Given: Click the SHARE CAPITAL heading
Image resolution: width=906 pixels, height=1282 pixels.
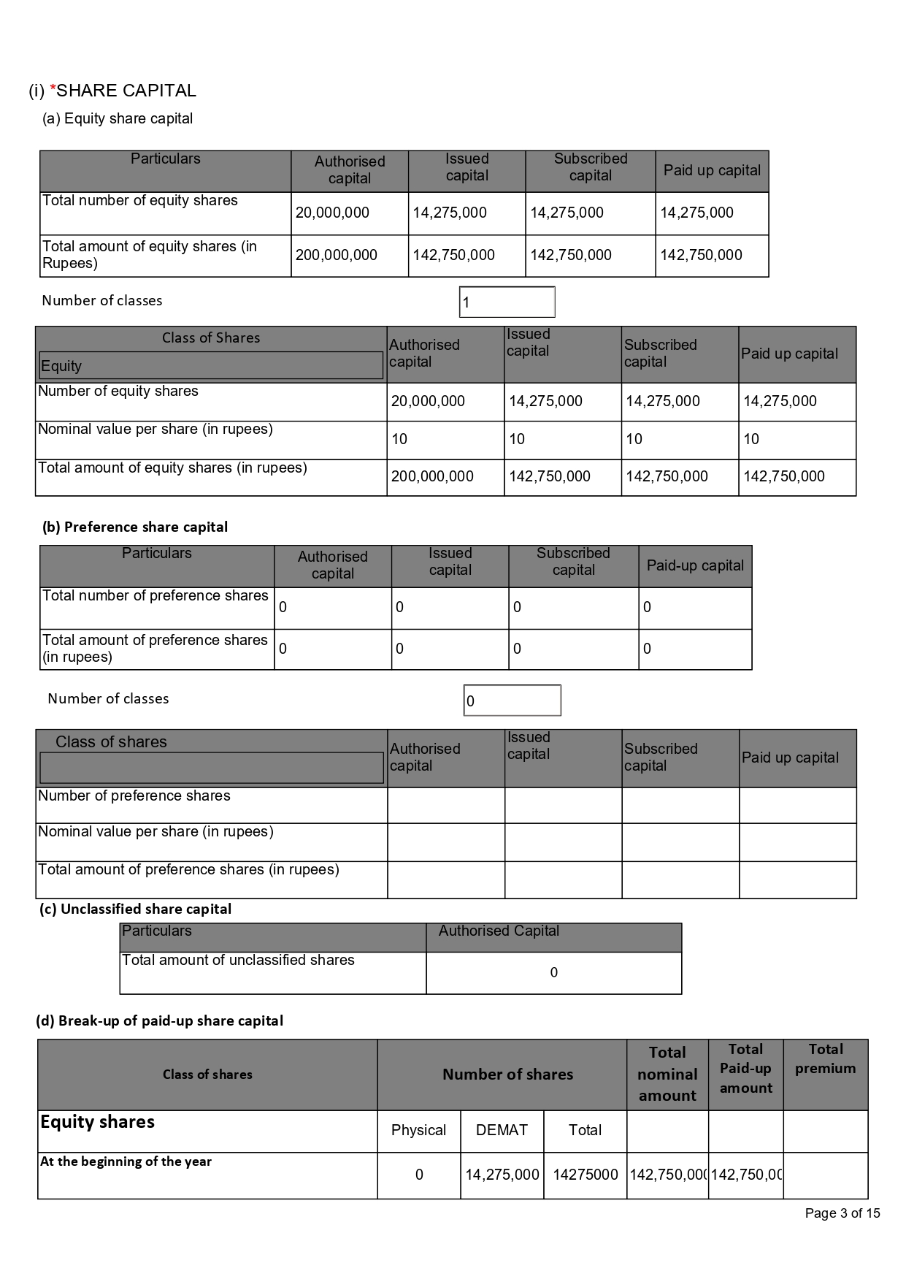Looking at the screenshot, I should click(126, 91).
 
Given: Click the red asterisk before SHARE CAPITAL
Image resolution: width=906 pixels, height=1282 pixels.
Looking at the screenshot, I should click(53, 91).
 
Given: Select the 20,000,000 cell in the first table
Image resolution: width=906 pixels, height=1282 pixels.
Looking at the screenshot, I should click(332, 213).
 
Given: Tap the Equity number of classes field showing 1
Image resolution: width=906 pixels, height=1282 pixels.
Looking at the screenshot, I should click(507, 302).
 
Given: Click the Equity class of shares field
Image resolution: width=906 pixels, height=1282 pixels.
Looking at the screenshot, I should click(210, 366).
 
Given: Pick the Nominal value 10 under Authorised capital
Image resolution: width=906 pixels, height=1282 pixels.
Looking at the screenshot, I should click(399, 439).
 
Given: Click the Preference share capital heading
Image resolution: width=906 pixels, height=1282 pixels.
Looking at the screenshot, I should click(135, 527).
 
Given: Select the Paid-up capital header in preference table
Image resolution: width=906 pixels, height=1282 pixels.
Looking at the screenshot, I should click(695, 565).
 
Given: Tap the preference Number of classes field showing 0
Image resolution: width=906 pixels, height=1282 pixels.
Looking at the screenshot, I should click(512, 701).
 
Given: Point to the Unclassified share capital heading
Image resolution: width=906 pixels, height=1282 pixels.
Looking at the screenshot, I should click(135, 909).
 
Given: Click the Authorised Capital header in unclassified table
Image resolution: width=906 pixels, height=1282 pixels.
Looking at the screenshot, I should click(499, 931).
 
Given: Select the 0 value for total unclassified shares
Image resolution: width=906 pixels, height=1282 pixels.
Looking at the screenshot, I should click(553, 972).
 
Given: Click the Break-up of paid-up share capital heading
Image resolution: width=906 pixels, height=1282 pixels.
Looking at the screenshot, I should click(159, 1020).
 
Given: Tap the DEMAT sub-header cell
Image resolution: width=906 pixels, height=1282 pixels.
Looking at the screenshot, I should click(502, 1130).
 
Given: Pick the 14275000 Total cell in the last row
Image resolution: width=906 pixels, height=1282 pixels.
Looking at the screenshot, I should click(585, 1175).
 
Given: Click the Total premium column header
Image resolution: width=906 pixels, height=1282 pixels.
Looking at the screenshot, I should click(825, 1058).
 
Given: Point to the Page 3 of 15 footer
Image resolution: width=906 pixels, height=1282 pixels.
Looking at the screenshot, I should click(842, 1213).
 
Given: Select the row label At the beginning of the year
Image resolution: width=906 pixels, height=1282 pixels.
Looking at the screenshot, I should click(126, 1161).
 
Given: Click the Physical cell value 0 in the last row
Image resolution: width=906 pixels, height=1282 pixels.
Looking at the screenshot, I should click(419, 1175).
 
